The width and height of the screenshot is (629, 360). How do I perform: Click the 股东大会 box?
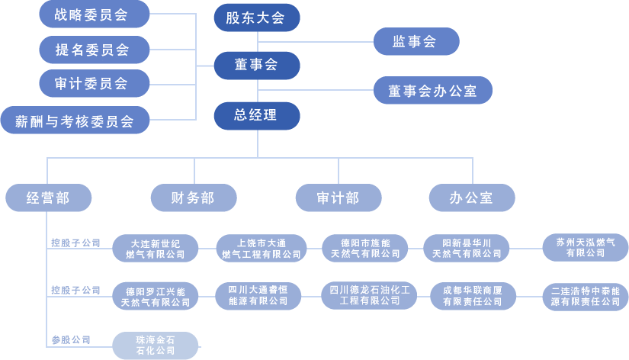tap(256, 18)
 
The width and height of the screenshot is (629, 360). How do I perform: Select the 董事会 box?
tap(256, 66)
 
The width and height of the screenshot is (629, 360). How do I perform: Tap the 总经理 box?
tap(256, 116)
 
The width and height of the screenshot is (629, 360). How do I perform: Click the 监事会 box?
tap(416, 42)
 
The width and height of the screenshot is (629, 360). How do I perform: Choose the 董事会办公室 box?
tap(432, 91)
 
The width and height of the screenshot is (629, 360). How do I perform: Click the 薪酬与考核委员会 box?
tap(74, 120)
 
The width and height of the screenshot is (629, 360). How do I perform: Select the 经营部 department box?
tap(48, 198)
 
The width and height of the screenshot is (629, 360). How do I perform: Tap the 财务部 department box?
tap(194, 198)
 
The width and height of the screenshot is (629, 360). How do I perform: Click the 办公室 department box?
tap(471, 198)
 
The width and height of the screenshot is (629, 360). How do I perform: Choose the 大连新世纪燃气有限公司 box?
tap(156, 249)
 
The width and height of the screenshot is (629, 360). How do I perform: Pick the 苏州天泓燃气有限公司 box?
tap(585, 247)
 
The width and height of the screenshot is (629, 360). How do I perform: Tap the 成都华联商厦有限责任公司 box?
tap(473, 296)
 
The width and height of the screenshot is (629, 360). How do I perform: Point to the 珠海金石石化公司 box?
tap(156, 345)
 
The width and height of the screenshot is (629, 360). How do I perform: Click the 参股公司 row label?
tap(71, 339)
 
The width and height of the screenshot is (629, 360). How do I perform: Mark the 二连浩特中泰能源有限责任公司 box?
tap(585, 296)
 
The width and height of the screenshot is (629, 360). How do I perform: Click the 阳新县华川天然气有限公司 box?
tap(467, 248)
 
